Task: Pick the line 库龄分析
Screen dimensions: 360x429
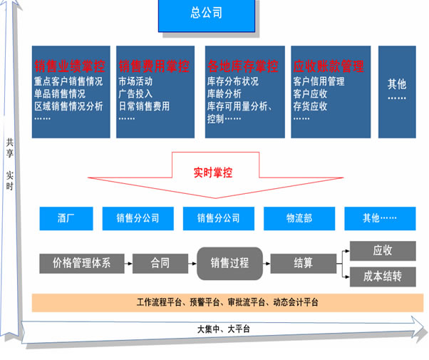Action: (x=225, y=94)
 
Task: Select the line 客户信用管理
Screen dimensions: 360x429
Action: (x=319, y=81)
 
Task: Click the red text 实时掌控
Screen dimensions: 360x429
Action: (x=213, y=172)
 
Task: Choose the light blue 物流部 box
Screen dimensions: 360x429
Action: (x=299, y=217)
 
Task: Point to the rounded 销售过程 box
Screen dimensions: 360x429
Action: (x=229, y=262)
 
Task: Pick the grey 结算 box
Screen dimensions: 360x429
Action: (x=304, y=263)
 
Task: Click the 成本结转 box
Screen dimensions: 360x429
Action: (x=383, y=276)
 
